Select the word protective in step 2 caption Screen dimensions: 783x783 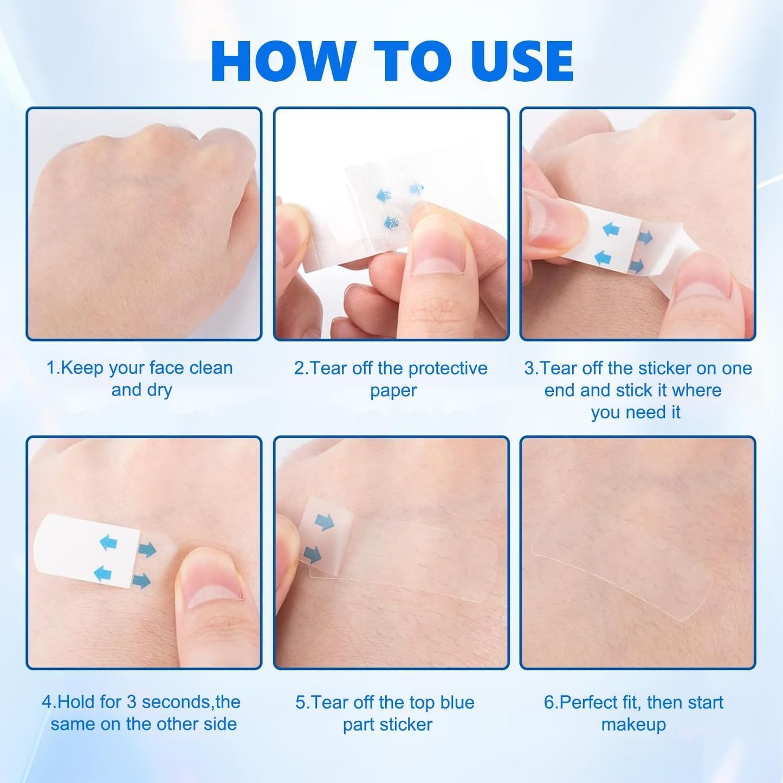[x=448, y=368]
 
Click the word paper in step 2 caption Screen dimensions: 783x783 [x=393, y=391]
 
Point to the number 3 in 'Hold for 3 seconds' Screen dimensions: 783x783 [x=131, y=702]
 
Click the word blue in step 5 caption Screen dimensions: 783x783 [x=457, y=703]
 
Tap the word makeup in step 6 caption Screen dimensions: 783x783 [x=633, y=725]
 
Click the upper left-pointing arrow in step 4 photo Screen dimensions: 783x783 [x=108, y=542]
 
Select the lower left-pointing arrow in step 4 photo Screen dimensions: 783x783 [x=102, y=573]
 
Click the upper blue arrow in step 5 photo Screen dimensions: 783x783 [x=324, y=522]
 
